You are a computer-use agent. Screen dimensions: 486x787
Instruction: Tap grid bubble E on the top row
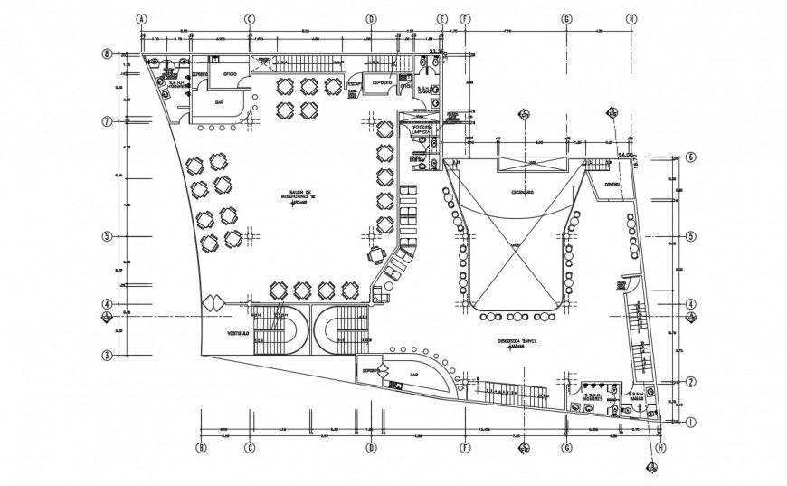[442, 18]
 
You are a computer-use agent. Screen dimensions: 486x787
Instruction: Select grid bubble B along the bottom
[202, 447]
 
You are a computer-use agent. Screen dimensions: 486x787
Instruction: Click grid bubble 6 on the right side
[689, 156]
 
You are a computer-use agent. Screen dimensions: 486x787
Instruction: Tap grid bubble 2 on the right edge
[689, 382]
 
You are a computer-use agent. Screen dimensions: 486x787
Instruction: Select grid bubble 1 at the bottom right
[689, 422]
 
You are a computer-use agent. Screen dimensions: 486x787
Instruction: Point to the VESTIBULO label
[215, 334]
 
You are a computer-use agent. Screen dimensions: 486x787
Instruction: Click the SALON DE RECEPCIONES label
[295, 195]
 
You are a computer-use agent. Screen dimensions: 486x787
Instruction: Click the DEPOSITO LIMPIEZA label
[421, 129]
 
